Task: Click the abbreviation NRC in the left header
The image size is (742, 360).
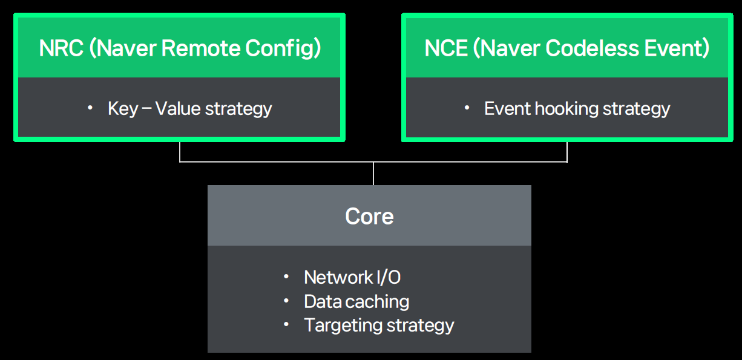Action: click(x=61, y=48)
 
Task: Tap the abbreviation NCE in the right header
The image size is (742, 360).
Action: click(x=447, y=48)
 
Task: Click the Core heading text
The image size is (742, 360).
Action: click(x=369, y=216)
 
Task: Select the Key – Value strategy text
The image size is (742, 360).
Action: click(x=189, y=109)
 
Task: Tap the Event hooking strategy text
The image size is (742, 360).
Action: click(x=577, y=109)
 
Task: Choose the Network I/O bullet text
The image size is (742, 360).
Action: click(x=352, y=277)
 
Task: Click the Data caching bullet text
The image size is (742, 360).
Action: click(x=356, y=301)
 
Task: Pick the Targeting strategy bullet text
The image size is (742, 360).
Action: click(x=379, y=325)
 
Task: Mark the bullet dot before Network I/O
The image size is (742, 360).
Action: click(x=286, y=277)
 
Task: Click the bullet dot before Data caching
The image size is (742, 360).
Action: click(x=286, y=301)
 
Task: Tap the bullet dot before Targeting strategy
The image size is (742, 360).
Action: click(x=286, y=325)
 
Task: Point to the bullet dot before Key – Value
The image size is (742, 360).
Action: click(x=90, y=108)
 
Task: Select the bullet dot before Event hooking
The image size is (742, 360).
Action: click(x=467, y=108)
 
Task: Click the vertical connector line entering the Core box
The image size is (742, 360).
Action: click(x=373, y=174)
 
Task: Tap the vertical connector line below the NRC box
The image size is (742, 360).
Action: click(x=180, y=152)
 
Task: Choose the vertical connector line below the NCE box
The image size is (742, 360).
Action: click(x=567, y=152)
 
